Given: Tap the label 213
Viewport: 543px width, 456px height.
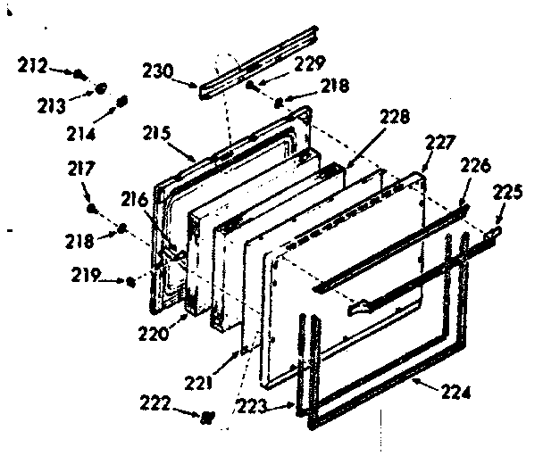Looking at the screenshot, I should click(x=52, y=105).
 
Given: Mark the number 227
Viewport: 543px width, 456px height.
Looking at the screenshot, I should click(x=440, y=142).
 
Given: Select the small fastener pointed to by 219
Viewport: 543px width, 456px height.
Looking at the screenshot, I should click(x=132, y=282).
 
